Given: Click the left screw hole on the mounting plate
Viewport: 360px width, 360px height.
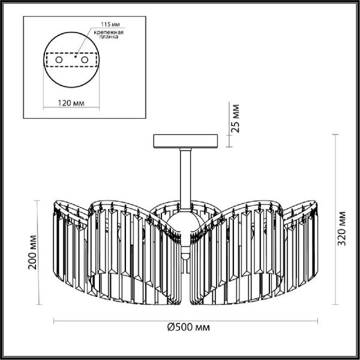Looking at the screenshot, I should pos(59,61).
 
